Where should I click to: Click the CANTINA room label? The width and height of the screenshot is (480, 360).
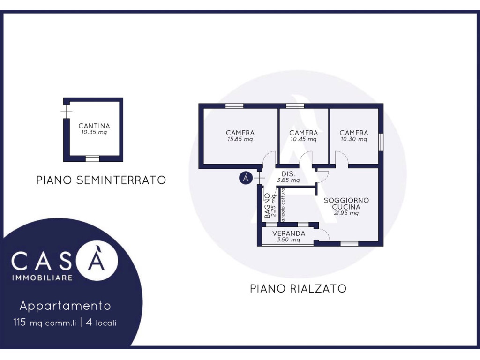coord(94,126)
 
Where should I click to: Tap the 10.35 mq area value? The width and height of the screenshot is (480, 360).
coord(94,132)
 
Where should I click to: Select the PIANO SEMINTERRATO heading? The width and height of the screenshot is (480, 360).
coord(101,180)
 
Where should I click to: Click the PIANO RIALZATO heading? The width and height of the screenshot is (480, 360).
coord(298,289)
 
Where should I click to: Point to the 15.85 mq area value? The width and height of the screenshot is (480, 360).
coord(240,139)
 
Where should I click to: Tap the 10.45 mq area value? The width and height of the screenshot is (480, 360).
coord(303,139)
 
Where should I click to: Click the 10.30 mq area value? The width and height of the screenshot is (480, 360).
coord(354,139)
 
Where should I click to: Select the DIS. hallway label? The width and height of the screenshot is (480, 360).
coord(288,174)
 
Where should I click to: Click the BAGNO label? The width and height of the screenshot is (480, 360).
coord(267,206)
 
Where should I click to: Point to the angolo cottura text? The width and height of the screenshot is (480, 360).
coord(283,204)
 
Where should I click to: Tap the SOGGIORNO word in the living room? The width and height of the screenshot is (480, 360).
coord(346,200)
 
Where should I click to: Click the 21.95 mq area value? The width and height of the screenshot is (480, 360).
coord(346,213)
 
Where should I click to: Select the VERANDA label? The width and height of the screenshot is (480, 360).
coord(289,233)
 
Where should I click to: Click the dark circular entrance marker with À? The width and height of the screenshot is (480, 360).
coord(246,178)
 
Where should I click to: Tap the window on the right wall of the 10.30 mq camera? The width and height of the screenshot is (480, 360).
coord(381,142)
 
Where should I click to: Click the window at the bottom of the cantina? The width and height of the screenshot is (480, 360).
coord(92,158)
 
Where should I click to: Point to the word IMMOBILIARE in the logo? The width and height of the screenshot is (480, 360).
coord(42,278)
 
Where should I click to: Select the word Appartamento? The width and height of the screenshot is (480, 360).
coord(65,306)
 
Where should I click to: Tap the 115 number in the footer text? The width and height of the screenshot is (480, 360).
coord(19,322)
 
